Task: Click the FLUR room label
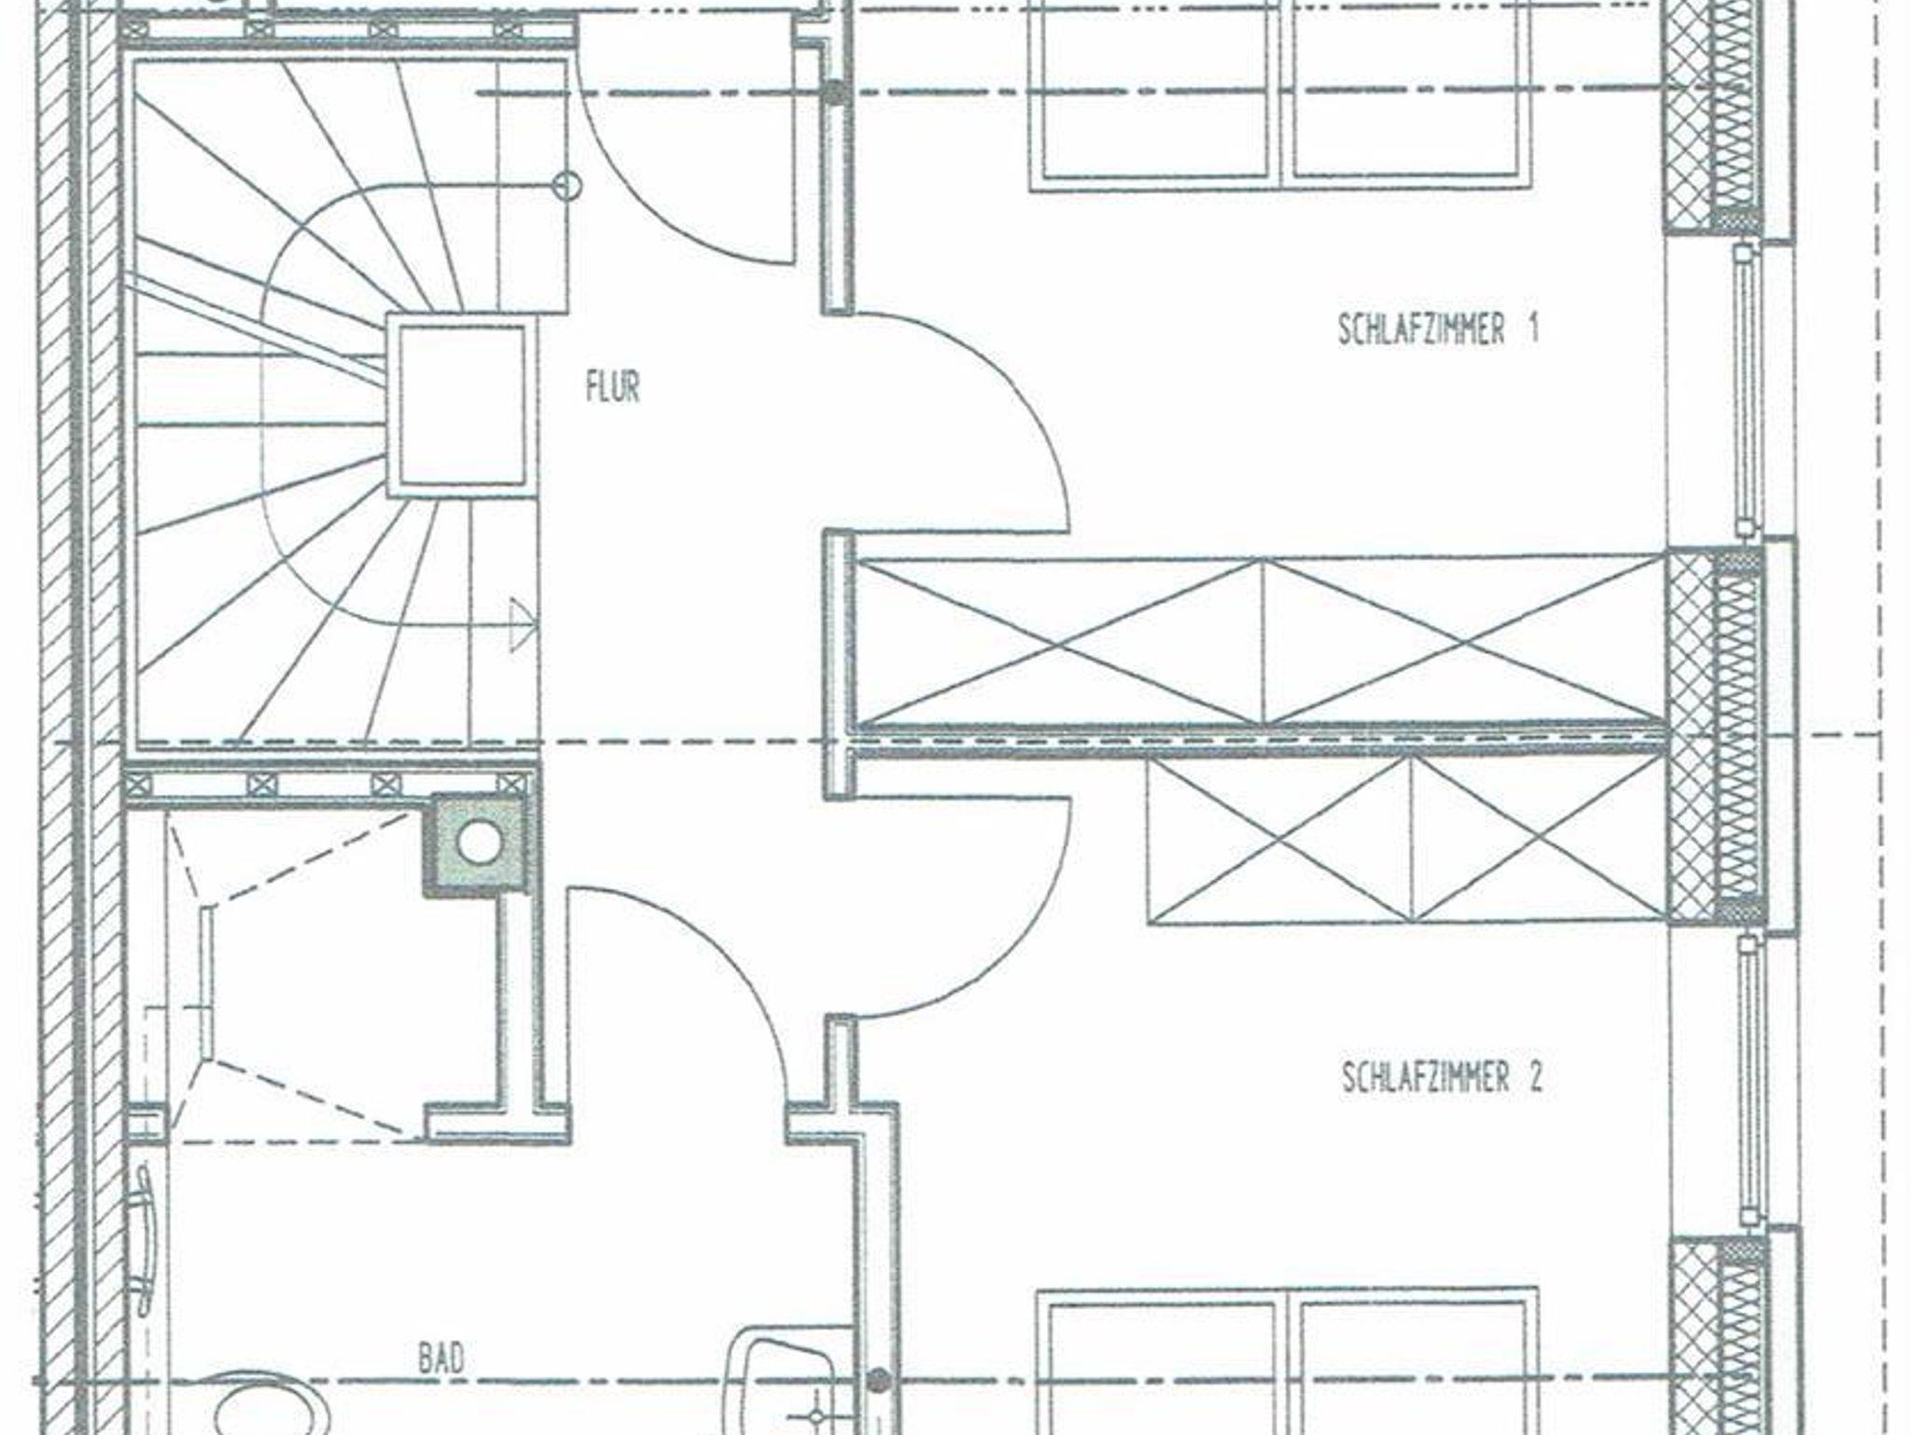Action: (x=613, y=387)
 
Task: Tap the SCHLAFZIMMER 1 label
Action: (x=1438, y=329)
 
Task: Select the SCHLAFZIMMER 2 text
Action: (x=1443, y=1078)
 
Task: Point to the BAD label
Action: (x=441, y=1358)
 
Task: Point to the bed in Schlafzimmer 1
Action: (x=1281, y=95)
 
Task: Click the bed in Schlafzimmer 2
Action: (x=1288, y=1362)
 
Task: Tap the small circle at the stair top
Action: (x=566, y=186)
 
